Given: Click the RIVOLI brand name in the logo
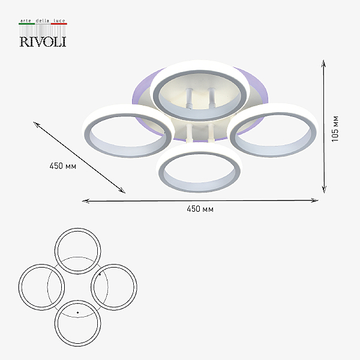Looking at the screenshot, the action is tap(43, 42).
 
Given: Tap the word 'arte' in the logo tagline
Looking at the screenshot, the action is tap(26, 20).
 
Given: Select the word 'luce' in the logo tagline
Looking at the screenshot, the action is tap(59, 20).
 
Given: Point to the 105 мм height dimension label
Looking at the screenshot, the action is tap(335, 129).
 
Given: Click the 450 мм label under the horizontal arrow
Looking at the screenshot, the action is tap(200, 209).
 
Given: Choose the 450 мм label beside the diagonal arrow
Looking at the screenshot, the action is tap(62, 166).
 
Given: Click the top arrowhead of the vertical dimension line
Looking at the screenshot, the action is tap(323, 62).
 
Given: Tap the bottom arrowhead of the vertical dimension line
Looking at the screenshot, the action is tap(324, 190).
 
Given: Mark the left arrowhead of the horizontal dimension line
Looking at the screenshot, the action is tap(85, 201).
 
